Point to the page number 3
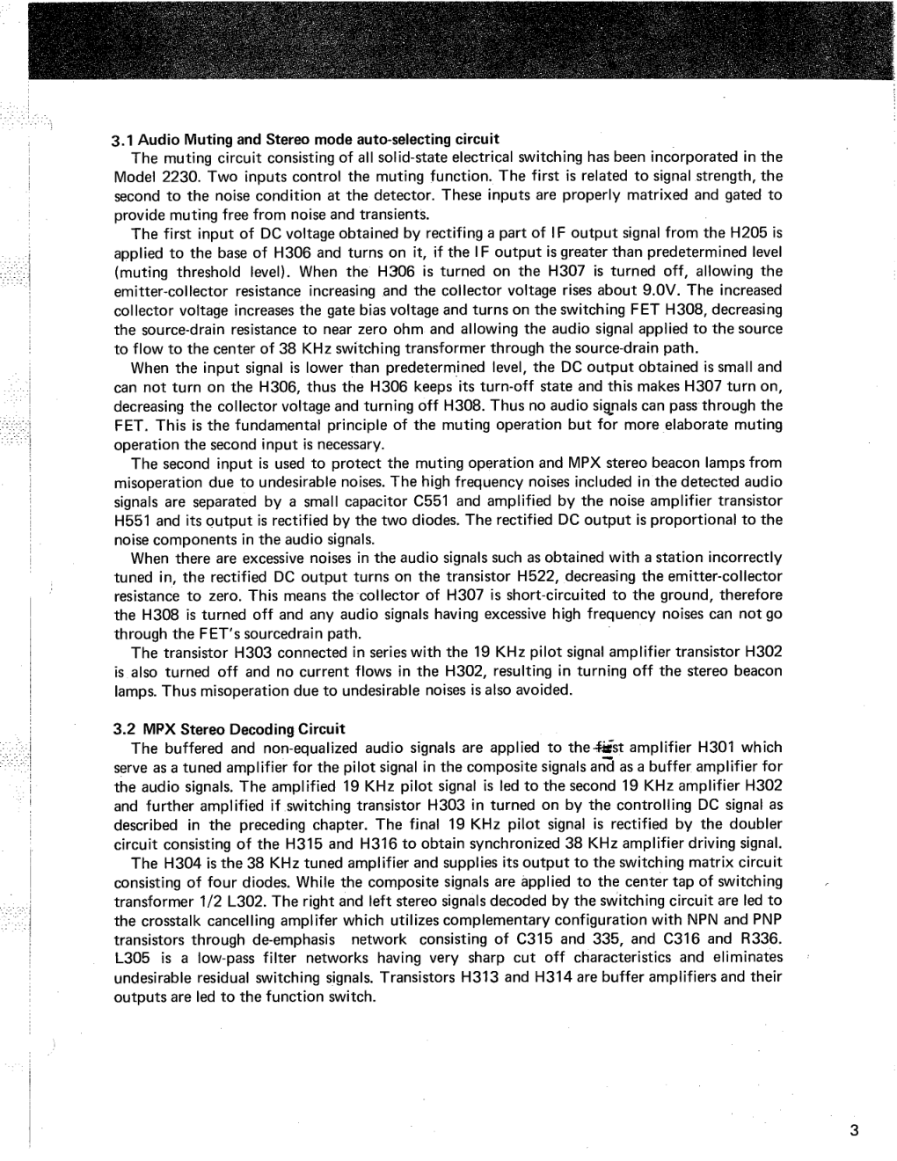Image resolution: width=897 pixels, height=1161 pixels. coord(854,1131)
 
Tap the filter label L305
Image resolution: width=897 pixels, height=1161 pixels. coord(133,958)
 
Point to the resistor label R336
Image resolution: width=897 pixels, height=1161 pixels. coord(761,938)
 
